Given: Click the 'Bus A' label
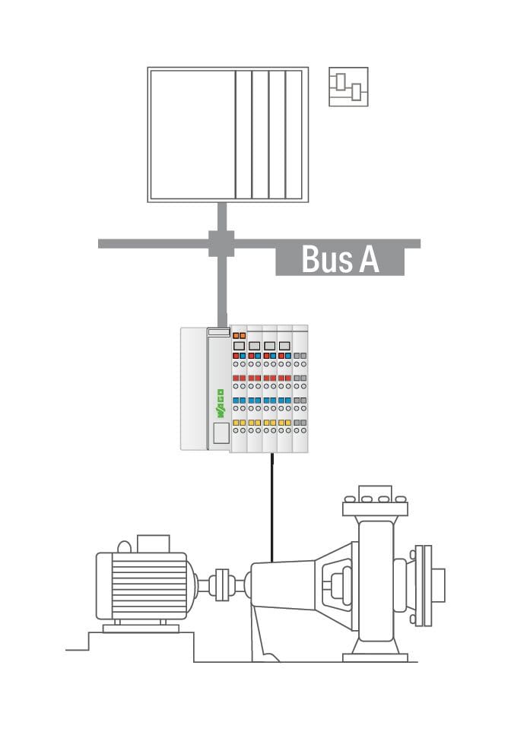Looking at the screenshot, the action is point(340,259).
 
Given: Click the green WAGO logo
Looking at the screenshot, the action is point(221,403).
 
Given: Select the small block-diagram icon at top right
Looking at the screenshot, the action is point(348,87).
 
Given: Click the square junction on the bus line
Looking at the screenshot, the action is point(221,243).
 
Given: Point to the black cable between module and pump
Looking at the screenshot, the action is point(271,507).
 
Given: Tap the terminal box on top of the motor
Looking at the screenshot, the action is point(154,543).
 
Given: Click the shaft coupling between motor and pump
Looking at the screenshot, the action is point(222,585).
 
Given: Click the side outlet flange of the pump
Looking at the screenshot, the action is point(424,585).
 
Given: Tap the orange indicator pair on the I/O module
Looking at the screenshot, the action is point(239,335).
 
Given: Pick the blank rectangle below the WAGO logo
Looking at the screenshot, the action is point(221,432).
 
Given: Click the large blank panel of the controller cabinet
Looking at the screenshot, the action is point(192,135).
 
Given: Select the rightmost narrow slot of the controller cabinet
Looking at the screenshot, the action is point(294,135).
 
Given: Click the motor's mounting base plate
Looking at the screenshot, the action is point(141,629).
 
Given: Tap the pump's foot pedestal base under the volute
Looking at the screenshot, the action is point(375,657).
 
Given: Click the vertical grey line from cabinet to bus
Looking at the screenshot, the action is point(222,217).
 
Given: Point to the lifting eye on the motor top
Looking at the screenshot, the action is point(124,546).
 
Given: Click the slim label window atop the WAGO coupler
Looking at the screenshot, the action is point(218,332).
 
